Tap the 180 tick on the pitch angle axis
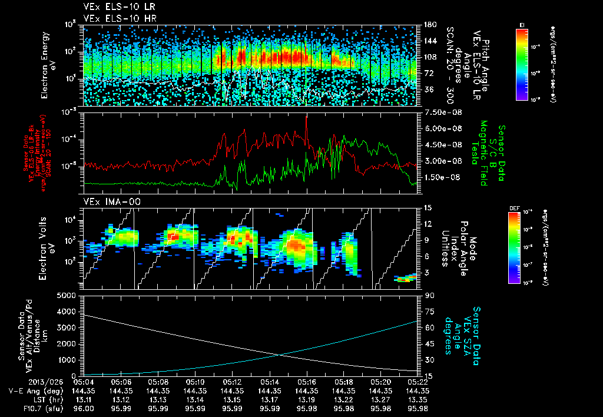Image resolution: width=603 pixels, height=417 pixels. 429,24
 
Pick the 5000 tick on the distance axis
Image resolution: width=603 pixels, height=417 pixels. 69,295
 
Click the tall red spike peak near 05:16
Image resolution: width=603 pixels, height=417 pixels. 306,116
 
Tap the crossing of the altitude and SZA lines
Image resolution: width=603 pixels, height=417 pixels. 278,355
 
